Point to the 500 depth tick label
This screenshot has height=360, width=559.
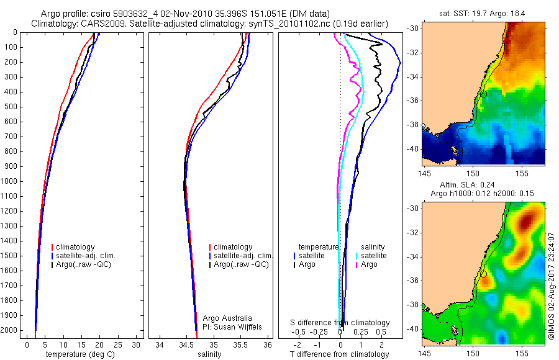click(12, 107)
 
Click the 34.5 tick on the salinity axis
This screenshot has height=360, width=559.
click(186, 344)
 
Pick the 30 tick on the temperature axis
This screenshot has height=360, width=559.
click(137, 344)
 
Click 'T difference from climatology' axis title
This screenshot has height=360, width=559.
click(339, 354)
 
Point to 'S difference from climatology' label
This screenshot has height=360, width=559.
click(340, 323)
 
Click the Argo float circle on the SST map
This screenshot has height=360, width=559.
click(483, 94)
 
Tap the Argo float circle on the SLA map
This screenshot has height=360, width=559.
click(483, 274)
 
